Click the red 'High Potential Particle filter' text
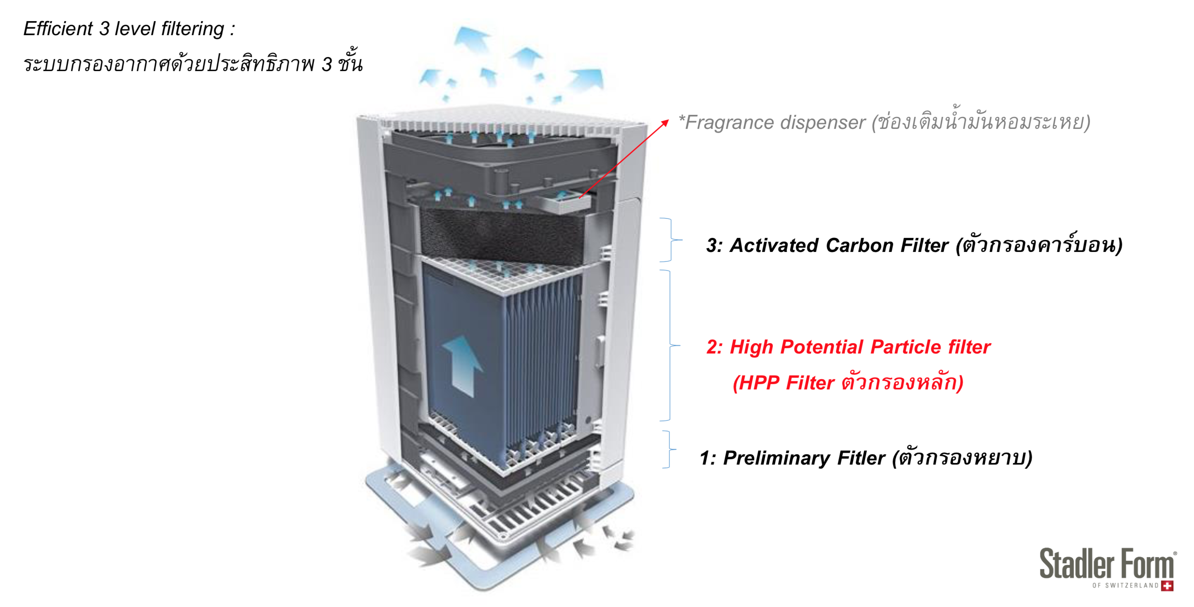click(x=848, y=347)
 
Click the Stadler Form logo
click(x=1108, y=569)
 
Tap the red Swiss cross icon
click(x=1167, y=586)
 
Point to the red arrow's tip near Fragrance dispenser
click(x=669, y=119)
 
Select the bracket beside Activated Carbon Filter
click(x=671, y=239)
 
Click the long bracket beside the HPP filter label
click(x=670, y=345)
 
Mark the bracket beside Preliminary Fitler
click(x=670, y=449)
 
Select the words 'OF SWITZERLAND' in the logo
click(x=1125, y=586)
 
